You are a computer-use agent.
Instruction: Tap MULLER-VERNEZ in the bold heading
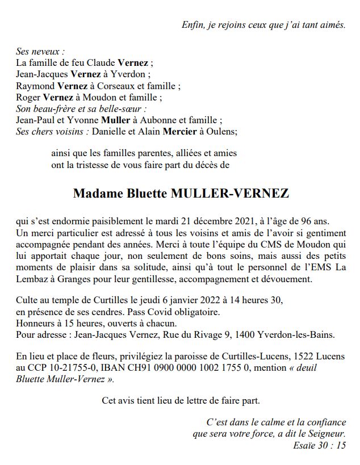(229, 194)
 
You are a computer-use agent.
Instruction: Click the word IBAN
(113, 368)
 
